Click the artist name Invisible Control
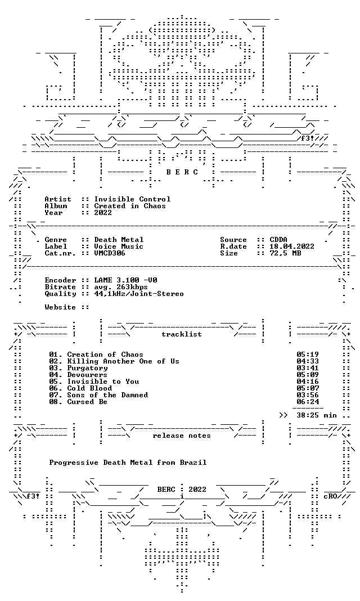pos(133,199)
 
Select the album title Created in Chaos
pos(130,206)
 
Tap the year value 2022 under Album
pos(103,213)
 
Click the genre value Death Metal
pos(119,240)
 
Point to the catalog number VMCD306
pos(110,253)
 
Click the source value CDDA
pos(278,240)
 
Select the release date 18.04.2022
pos(292,246)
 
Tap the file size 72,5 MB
pos(285,253)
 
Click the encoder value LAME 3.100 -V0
pos(125,280)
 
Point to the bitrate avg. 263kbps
pos(121,287)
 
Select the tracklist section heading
pos(182,334)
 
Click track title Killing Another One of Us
pos(123,361)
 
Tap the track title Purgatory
pos(87,369)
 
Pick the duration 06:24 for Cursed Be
pos(308,402)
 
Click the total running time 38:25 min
pos(316,415)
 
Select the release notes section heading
pos(182,436)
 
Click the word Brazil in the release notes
pos(193,463)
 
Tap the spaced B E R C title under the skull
pos(182,172)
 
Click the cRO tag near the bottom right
pos(330,496)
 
